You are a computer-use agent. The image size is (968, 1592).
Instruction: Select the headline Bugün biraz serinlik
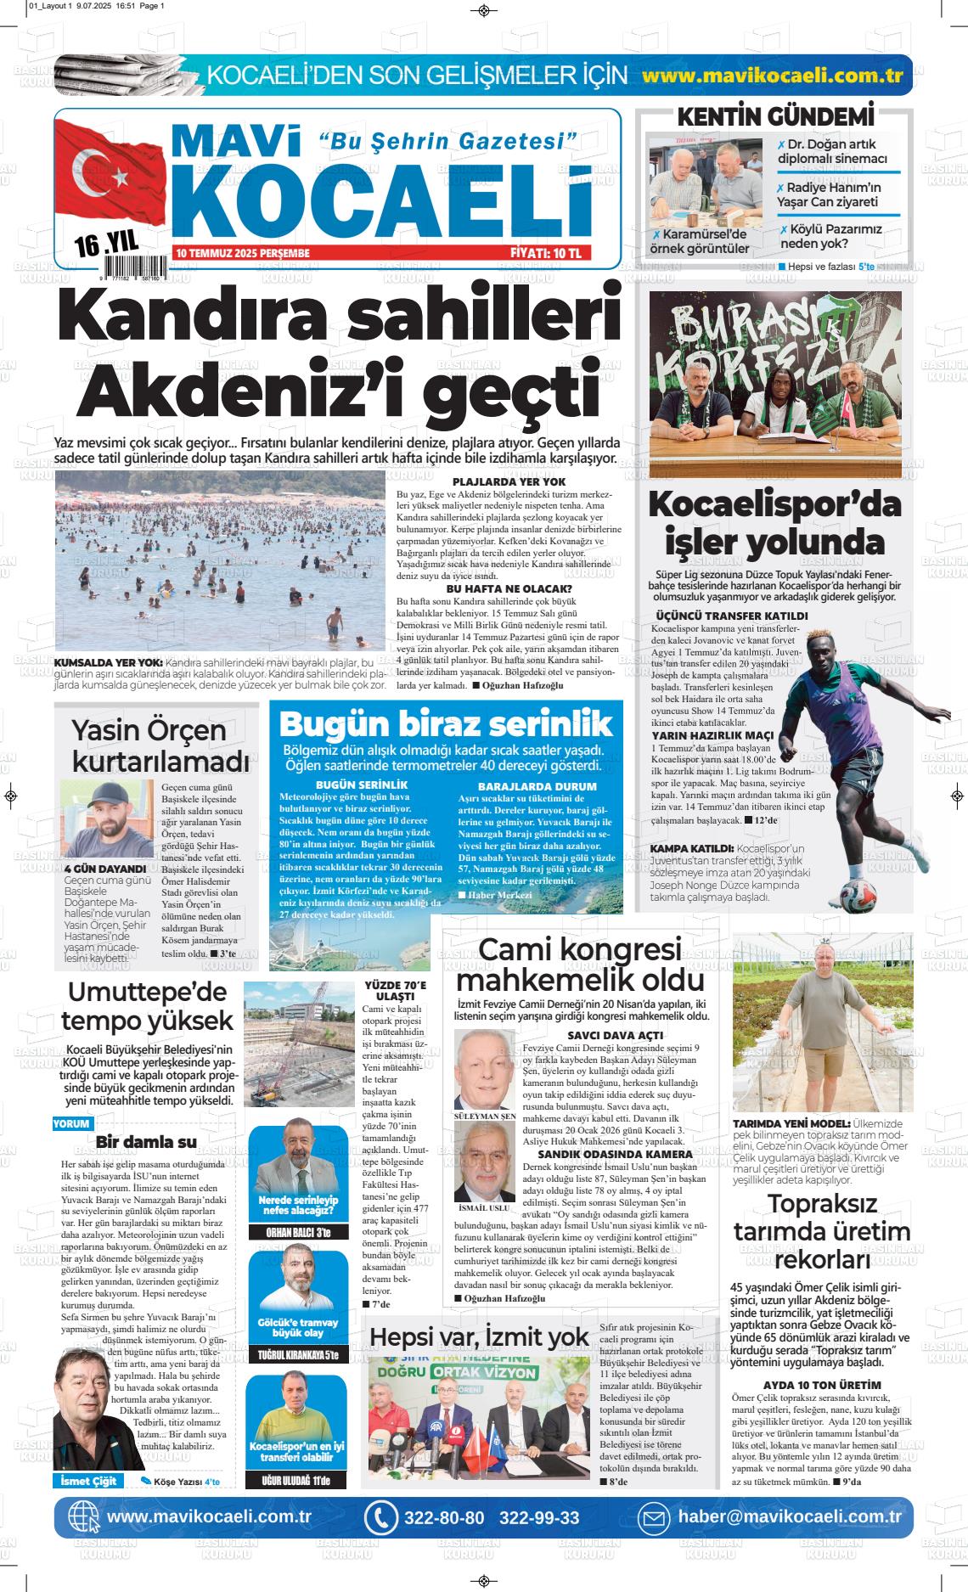click(x=446, y=724)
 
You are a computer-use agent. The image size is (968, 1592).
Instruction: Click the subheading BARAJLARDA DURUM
click(x=526, y=786)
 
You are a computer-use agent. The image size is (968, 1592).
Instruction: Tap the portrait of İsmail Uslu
click(x=485, y=1166)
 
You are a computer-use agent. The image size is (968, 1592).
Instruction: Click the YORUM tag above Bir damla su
click(x=71, y=1122)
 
